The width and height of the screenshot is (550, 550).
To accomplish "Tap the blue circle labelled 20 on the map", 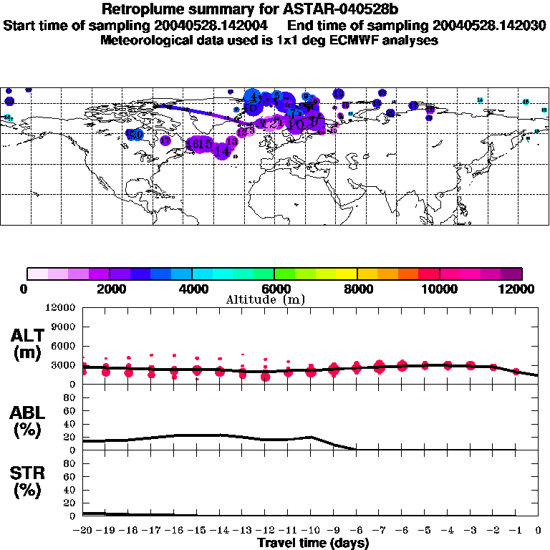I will point(136,134).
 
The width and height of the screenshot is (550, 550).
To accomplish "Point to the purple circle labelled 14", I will point(223,151).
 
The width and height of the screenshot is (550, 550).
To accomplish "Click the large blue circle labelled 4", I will point(253,97).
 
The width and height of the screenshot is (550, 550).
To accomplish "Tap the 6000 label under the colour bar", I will point(275,289).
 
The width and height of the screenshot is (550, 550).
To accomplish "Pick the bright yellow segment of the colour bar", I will point(347,273).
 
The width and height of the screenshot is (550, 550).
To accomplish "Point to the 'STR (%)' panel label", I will point(26,482).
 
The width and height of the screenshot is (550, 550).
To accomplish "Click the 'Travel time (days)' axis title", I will point(313,544).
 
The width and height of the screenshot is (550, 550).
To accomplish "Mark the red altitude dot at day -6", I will point(402,366).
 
